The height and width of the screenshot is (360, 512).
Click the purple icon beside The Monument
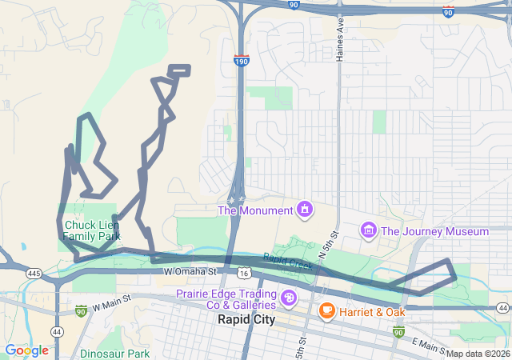pos(305,210)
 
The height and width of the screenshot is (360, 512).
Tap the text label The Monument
pos(255,210)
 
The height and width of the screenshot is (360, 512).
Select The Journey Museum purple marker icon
pos(369,231)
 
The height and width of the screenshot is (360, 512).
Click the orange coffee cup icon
pos(326,310)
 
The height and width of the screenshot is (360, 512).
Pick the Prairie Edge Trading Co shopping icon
pos(289,300)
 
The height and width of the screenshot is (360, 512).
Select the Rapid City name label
pos(246,319)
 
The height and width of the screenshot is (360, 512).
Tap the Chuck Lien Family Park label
pos(92,230)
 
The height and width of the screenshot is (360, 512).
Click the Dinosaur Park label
pos(114,353)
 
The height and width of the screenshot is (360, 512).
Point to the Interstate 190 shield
pos(241,61)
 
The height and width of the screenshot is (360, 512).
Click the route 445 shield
pos(34,273)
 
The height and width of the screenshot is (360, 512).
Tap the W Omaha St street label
pos(190,272)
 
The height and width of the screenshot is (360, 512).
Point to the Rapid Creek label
pos(287,262)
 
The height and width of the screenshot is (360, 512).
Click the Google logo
pos(26,350)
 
